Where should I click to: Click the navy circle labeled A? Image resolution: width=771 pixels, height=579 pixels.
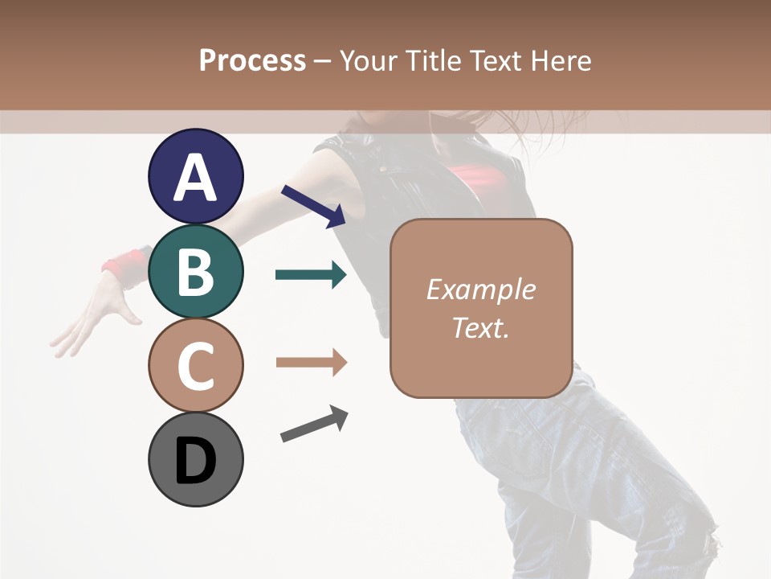click(x=195, y=176)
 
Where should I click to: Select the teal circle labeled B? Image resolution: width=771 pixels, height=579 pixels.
click(x=195, y=271)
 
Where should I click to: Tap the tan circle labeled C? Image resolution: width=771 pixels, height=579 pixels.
click(x=195, y=365)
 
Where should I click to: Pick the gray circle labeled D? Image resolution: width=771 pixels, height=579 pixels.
click(x=195, y=460)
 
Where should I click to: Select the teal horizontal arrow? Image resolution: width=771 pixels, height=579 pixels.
click(x=311, y=275)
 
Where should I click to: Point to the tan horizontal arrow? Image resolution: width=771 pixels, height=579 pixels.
click(x=311, y=363)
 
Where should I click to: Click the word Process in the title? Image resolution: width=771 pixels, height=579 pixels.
click(x=252, y=60)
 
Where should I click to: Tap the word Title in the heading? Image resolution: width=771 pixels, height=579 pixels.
click(x=432, y=60)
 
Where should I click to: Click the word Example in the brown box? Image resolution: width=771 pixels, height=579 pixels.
click(x=480, y=289)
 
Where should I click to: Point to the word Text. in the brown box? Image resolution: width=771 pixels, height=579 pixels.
click(x=480, y=327)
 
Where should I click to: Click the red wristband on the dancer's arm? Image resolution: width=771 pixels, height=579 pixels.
click(x=124, y=265)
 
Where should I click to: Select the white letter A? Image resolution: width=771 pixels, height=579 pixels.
click(x=195, y=178)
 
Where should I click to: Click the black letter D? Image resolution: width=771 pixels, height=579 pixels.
click(x=195, y=462)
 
